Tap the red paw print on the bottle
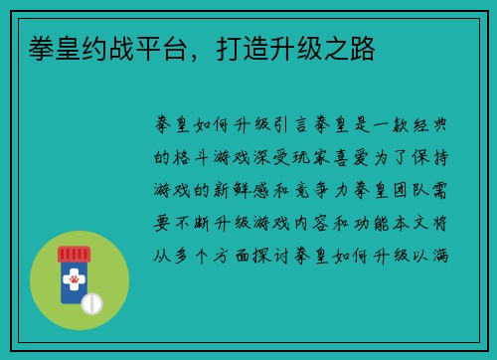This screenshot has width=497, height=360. coord(74,284)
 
